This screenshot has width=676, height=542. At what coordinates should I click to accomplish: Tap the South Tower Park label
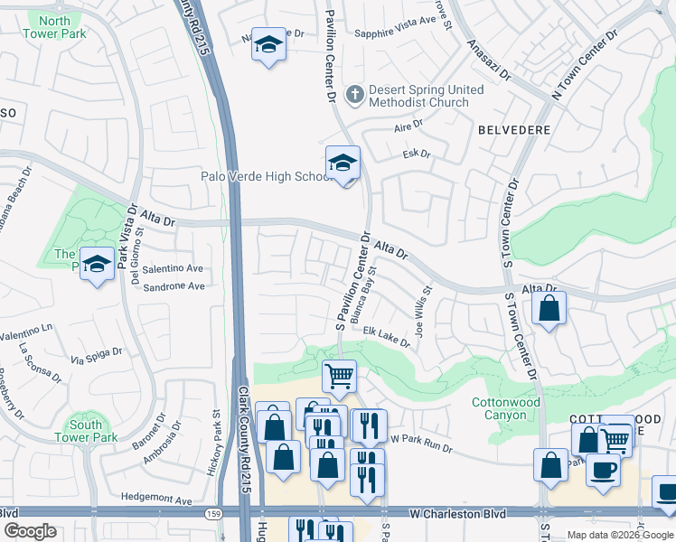click(93, 431)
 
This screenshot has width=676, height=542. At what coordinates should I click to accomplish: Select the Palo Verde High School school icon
click(343, 164)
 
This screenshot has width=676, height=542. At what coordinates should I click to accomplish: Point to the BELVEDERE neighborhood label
click(513, 130)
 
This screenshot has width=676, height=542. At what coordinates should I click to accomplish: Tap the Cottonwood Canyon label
click(505, 408)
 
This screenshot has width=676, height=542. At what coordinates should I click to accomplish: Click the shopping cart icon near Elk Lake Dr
click(339, 375)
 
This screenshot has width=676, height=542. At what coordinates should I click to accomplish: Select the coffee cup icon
click(603, 471)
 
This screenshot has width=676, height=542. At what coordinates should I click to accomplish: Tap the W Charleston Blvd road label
click(454, 513)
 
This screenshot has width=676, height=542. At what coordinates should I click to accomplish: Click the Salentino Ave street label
click(172, 268)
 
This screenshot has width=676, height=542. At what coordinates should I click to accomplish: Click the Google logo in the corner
click(31, 531)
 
